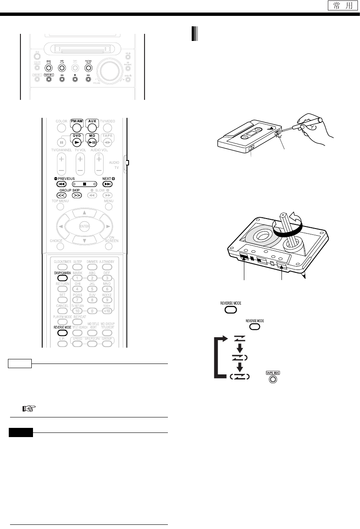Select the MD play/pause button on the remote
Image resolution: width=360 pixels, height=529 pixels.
[92, 139]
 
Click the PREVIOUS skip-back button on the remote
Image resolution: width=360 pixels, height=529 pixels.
[62, 183]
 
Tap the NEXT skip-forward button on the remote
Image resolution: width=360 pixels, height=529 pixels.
[108, 183]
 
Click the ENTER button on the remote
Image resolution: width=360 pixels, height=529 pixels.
[85, 226]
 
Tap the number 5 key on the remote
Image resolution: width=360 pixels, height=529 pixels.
[92, 288]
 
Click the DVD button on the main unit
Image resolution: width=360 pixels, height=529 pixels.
[48, 67]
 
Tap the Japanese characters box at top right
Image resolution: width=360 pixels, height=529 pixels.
[340, 6]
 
